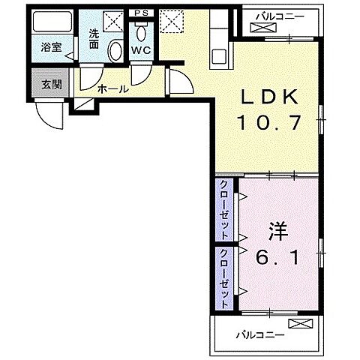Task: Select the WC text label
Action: pyautogui.click(x=141, y=50)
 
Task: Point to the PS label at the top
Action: pyautogui.click(x=140, y=13)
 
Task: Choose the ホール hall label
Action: pyautogui.click(x=112, y=89)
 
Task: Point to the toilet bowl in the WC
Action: pyautogui.click(x=141, y=33)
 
